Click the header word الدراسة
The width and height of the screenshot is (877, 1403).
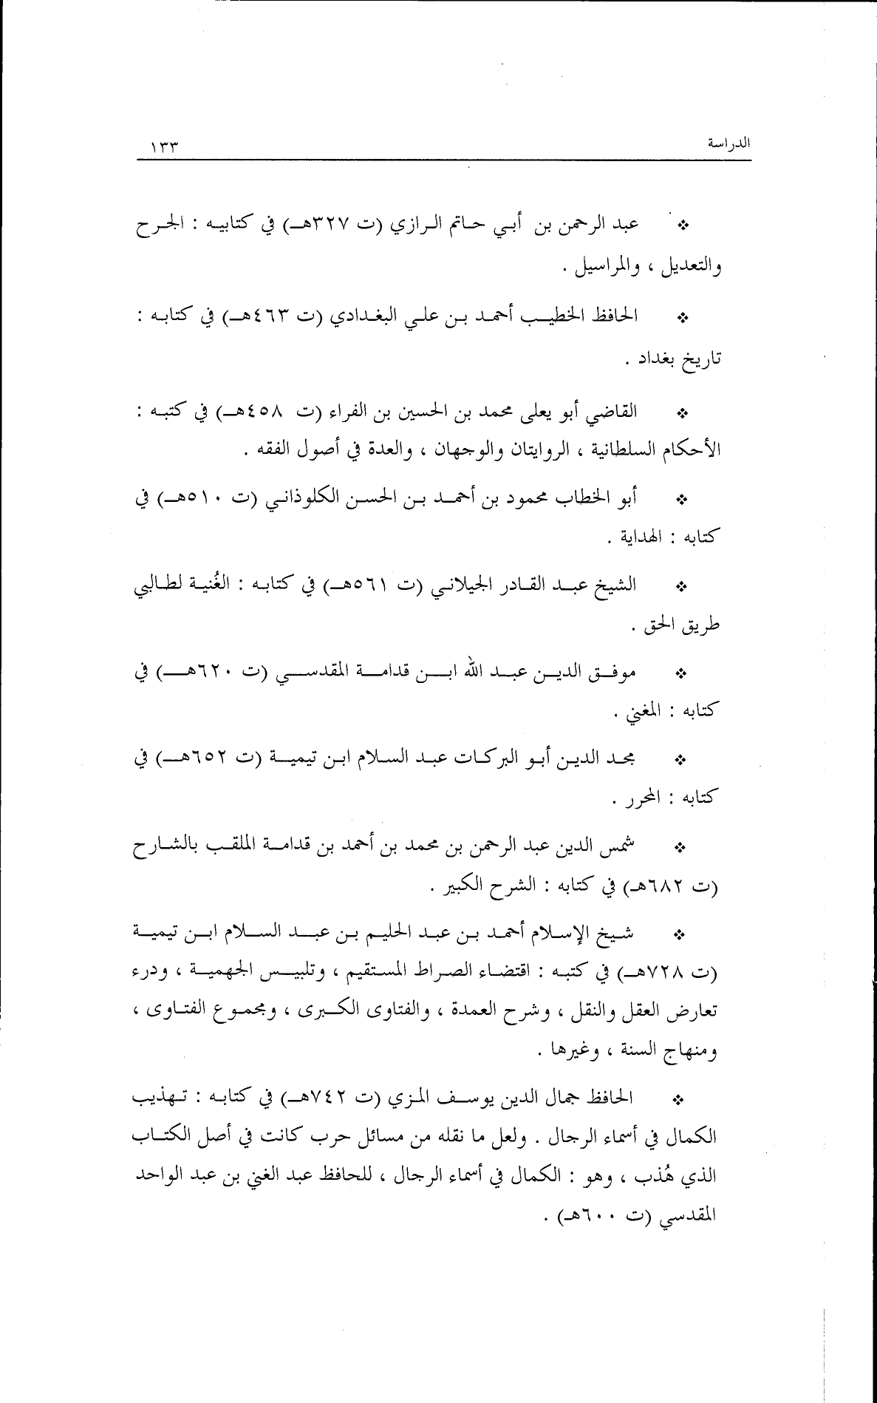pos(728,143)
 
